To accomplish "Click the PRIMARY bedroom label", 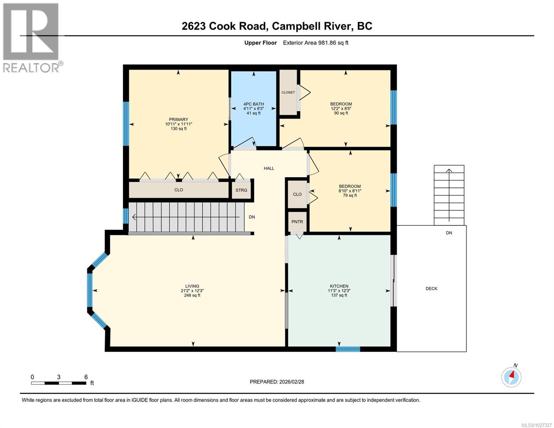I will point(178,120).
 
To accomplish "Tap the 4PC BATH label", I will point(253,105).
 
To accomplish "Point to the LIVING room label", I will point(192,286).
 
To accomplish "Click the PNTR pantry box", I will point(297,222).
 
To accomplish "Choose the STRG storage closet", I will point(242,190).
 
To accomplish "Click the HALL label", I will point(269,168).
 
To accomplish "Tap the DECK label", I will point(431,289).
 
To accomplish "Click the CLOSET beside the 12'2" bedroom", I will point(288,92).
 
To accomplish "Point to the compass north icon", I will point(512,376).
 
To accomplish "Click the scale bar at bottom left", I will point(59,383).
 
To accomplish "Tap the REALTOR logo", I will point(31,37).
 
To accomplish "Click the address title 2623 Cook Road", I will point(277,26).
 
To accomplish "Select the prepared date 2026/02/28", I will point(277,382).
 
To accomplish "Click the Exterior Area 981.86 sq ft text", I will point(315,43).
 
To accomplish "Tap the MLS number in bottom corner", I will point(537,425).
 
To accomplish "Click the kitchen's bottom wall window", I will point(348,349).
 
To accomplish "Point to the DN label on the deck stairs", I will point(449,233).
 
